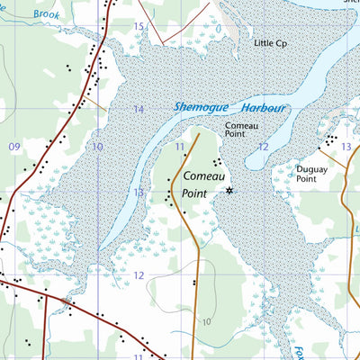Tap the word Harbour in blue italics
[x=260, y=108]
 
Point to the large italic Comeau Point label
[x=199, y=185]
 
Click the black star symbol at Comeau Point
[x=229, y=190]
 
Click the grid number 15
[x=139, y=26]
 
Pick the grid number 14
[x=139, y=109]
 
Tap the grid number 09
[x=13, y=146]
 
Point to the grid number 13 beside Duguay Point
[x=346, y=146]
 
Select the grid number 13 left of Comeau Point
[x=139, y=192]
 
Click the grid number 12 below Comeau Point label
[x=139, y=275]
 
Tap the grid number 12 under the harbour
[x=263, y=146]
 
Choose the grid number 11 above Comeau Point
[x=180, y=146]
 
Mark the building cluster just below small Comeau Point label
[x=217, y=162]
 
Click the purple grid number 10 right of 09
[x=97, y=146]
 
